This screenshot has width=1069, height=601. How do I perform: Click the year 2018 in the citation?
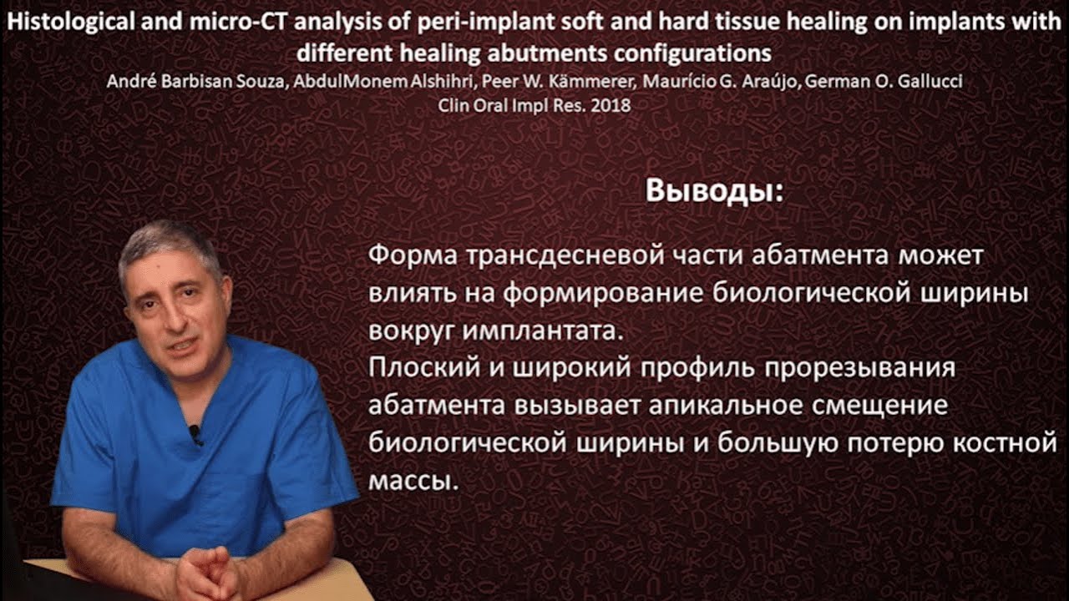pyautogui.click(x=611, y=106)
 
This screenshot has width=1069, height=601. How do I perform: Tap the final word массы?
pyautogui.click(x=413, y=481)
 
